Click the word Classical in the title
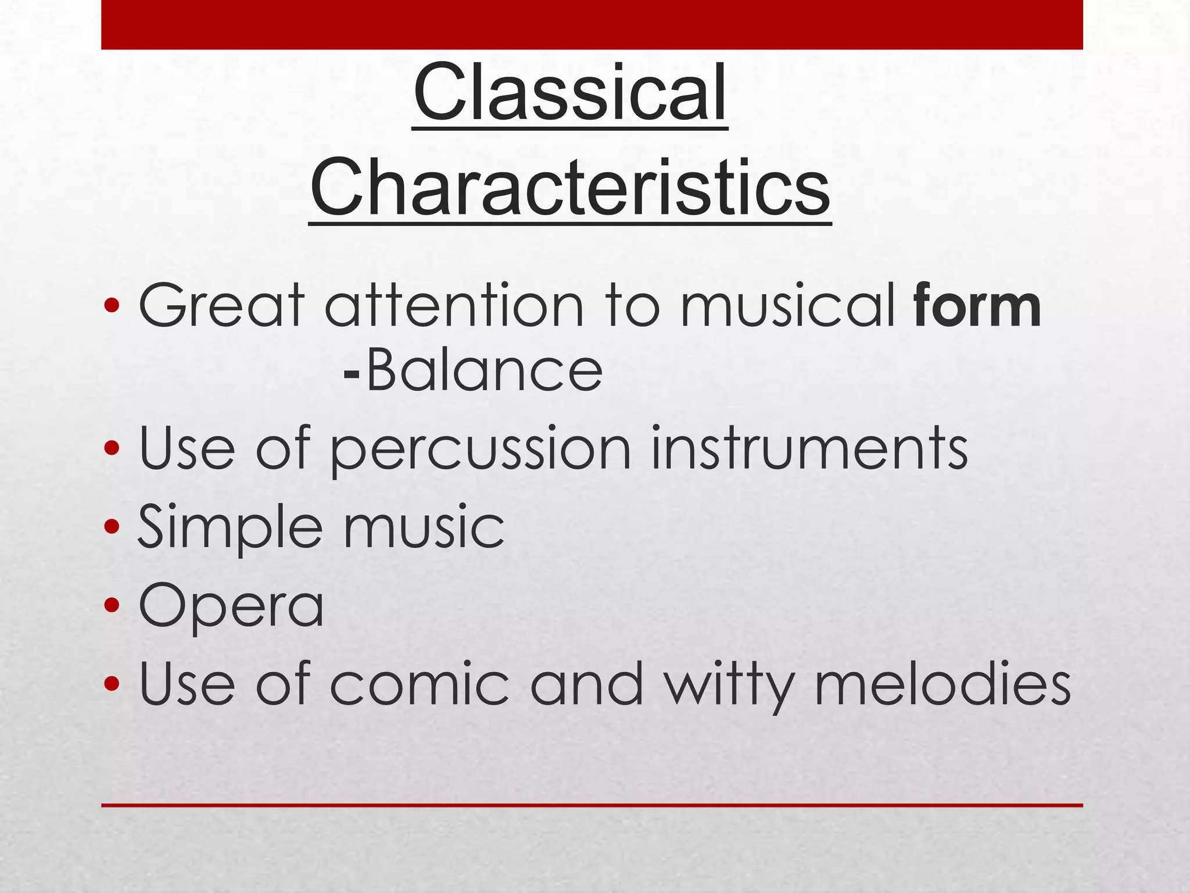coord(569,94)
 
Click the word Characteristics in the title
coord(569,188)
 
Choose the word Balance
coord(485,371)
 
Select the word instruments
coord(809,448)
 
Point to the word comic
coord(419,685)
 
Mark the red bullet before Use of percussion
coord(112,448)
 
